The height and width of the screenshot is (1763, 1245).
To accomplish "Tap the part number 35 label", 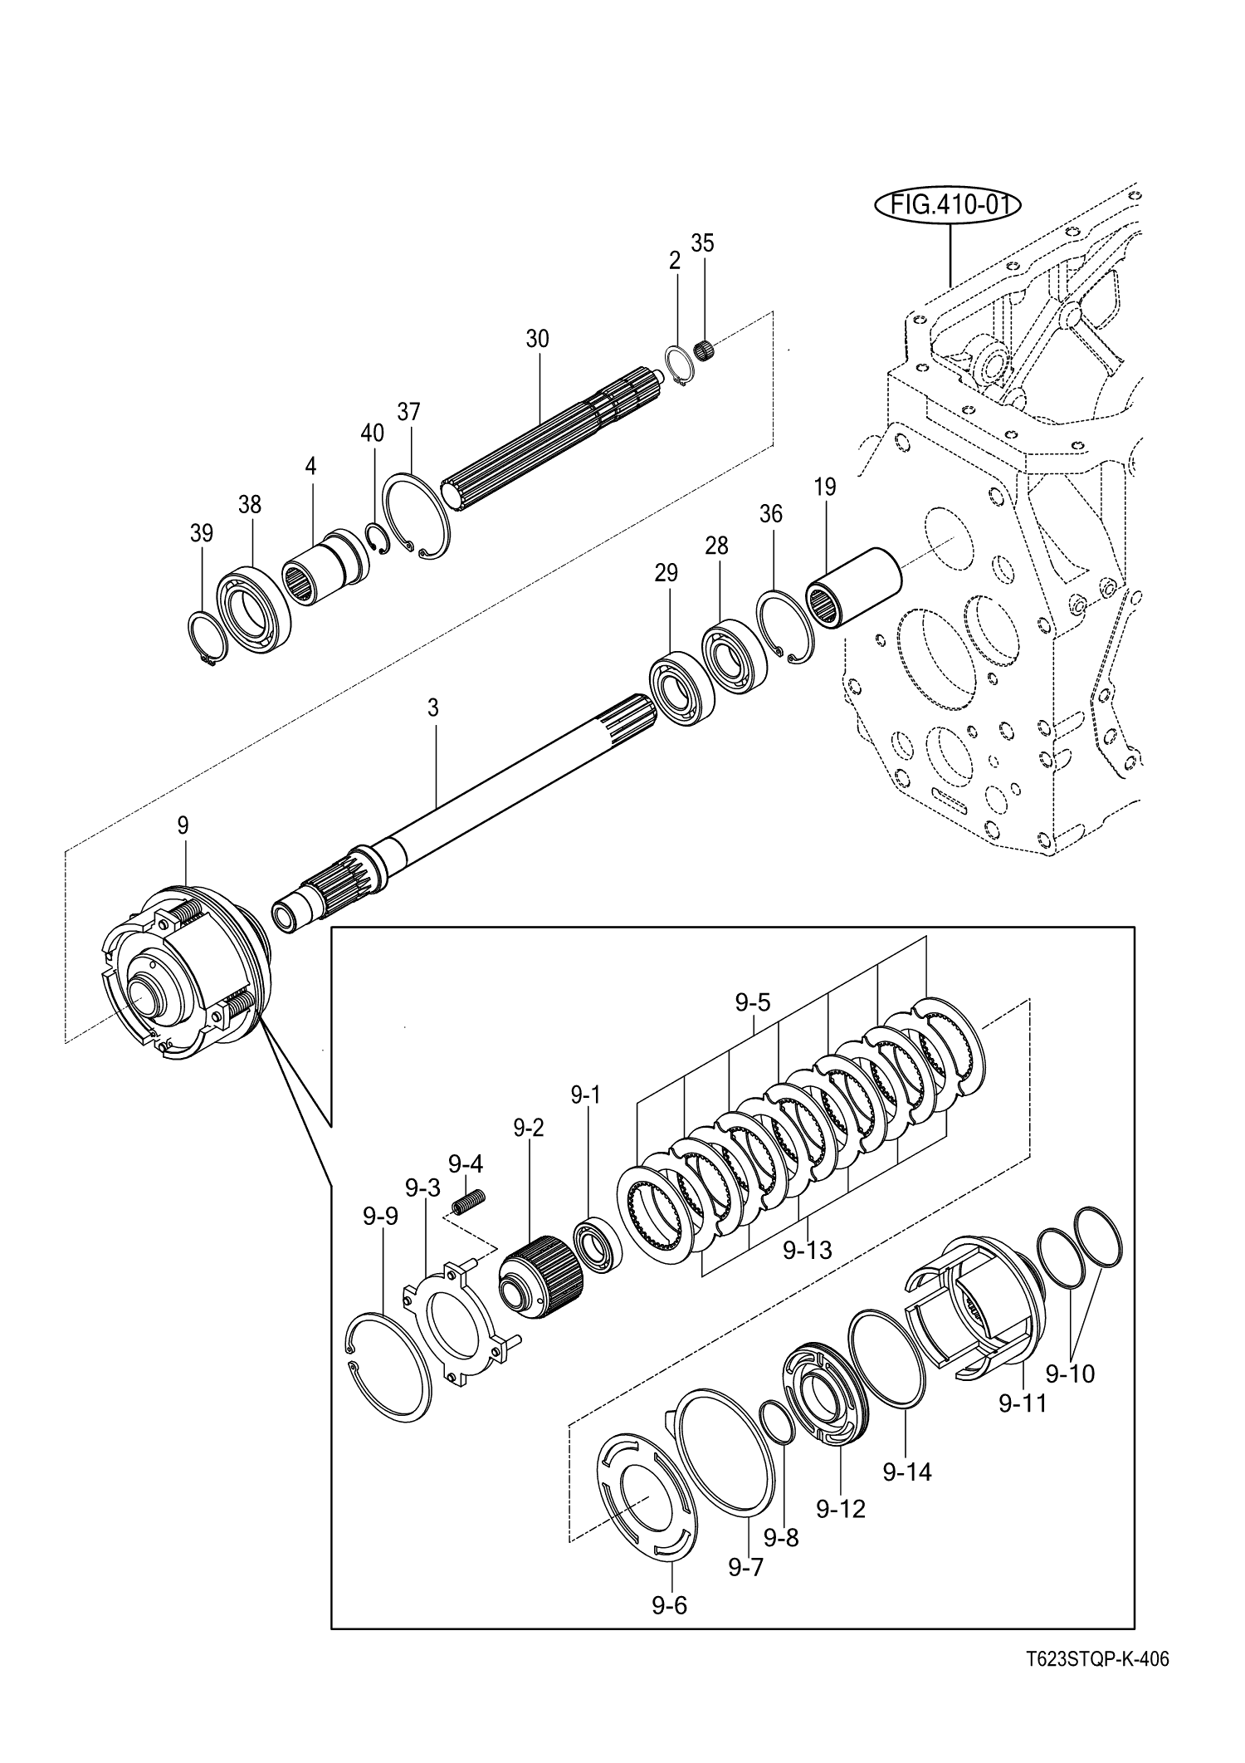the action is [x=702, y=243].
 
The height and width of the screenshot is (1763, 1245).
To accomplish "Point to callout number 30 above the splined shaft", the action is [x=537, y=339].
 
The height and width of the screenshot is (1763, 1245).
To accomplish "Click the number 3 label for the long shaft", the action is [x=432, y=708].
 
